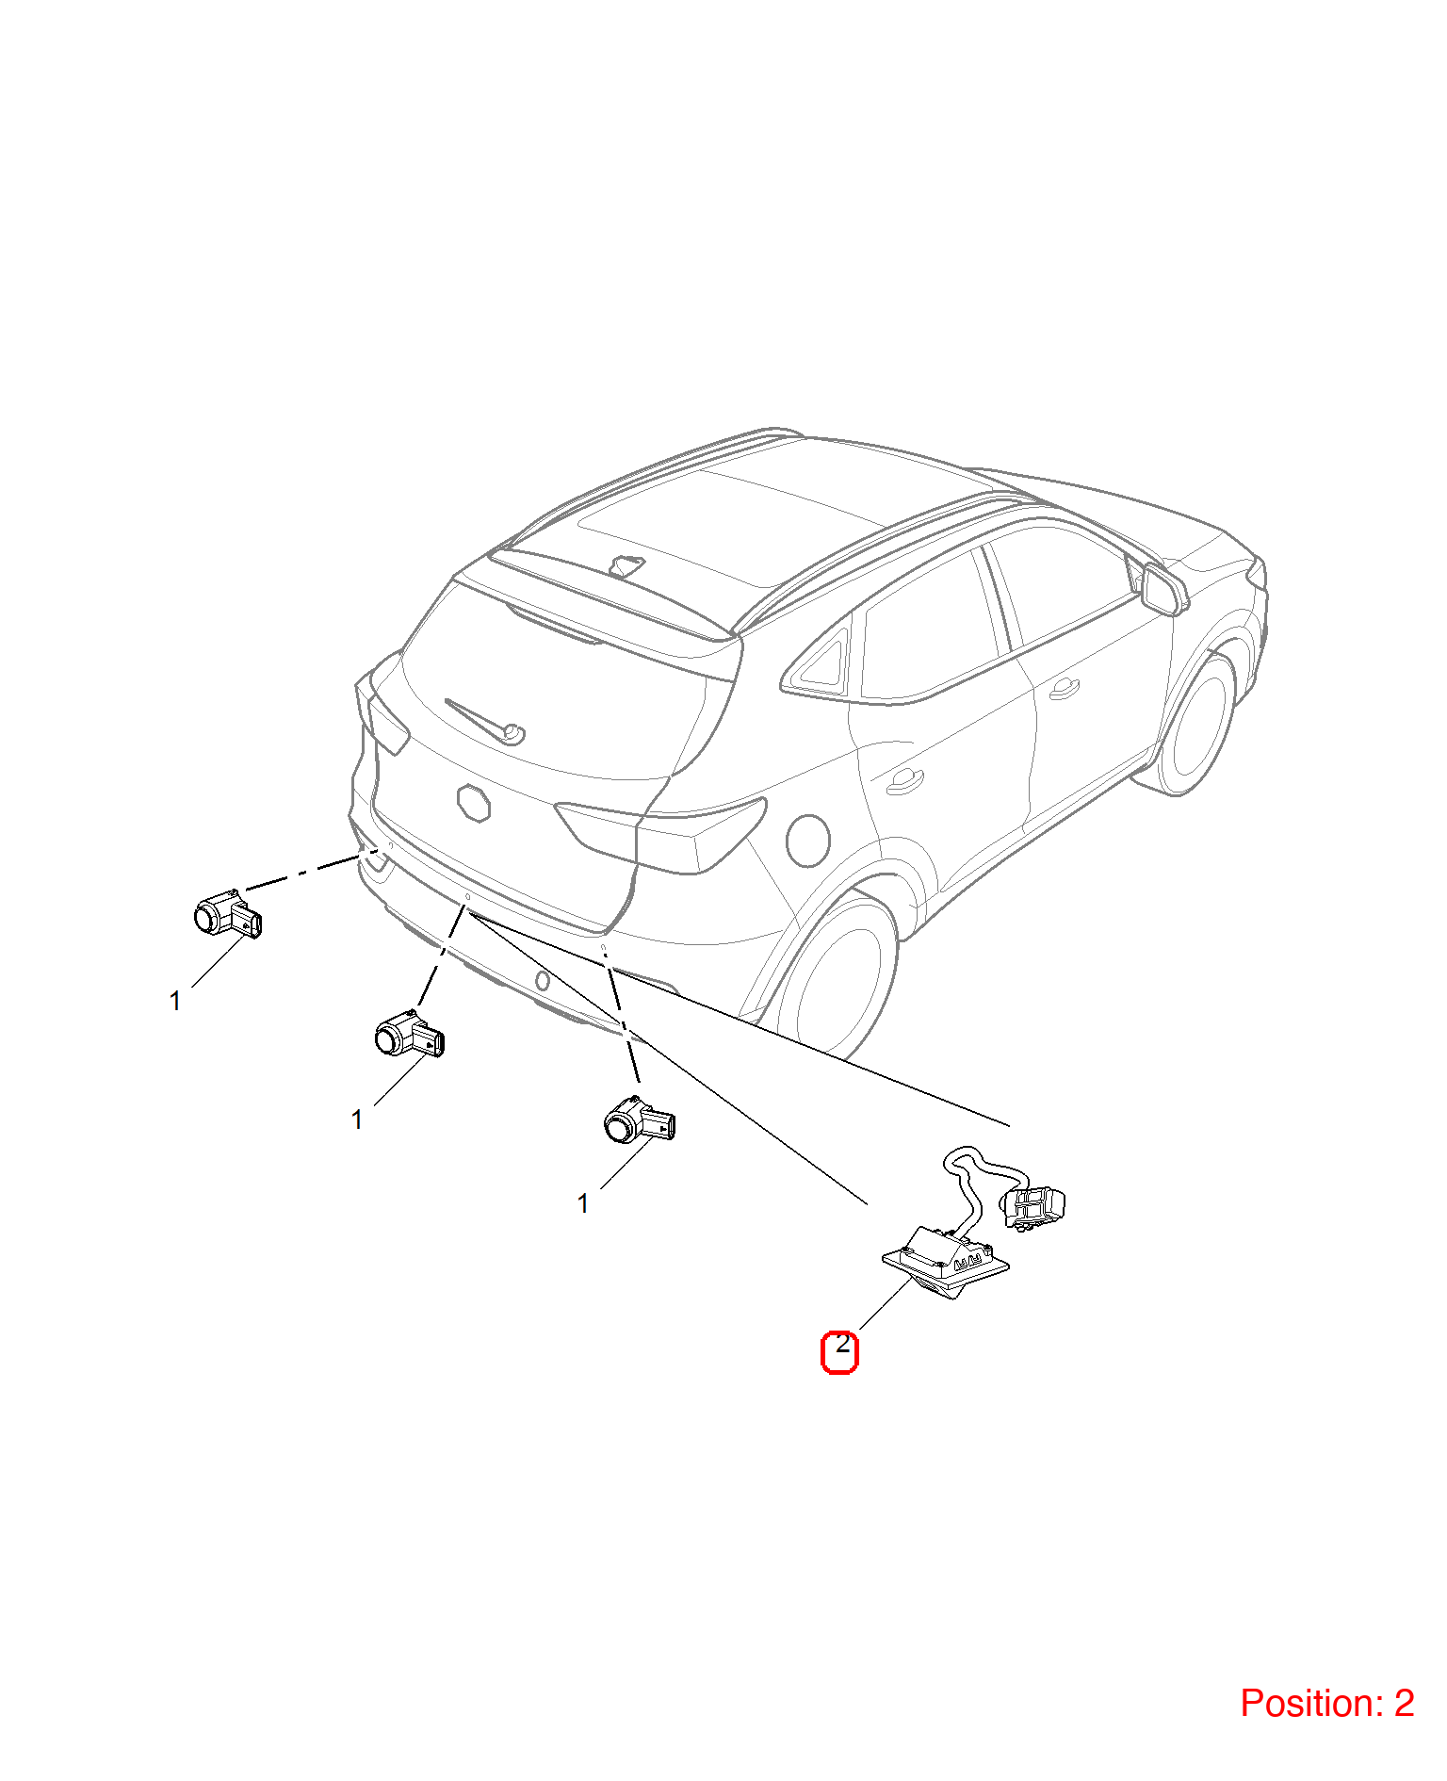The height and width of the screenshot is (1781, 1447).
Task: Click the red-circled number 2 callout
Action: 839,1351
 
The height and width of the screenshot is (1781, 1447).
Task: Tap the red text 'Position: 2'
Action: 1326,1703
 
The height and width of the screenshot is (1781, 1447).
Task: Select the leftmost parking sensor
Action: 227,913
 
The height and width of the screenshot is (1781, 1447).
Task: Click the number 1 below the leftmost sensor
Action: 175,1001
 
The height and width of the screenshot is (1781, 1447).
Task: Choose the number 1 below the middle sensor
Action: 357,1119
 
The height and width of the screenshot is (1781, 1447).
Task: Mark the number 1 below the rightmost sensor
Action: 583,1203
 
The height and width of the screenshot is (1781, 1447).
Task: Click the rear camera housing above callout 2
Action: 946,1261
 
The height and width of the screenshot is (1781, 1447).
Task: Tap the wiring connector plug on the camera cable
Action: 1033,1207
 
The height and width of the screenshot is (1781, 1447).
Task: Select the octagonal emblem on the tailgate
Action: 474,803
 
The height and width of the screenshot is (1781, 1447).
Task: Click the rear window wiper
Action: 485,721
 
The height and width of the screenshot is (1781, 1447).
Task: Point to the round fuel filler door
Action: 807,840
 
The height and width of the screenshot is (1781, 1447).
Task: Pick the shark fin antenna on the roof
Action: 627,565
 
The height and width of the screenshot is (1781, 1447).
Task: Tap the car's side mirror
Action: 1162,589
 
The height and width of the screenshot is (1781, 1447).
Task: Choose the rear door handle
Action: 905,781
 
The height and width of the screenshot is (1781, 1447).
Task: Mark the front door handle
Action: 1064,689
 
